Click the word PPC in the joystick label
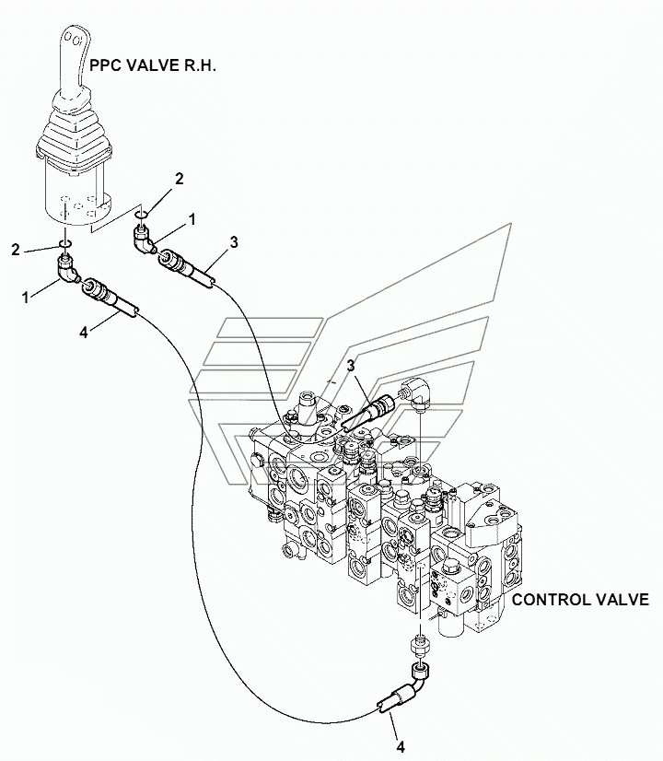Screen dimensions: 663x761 click(x=106, y=65)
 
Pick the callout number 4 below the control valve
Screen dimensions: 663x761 click(x=401, y=746)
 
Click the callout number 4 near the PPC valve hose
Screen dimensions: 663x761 click(x=84, y=333)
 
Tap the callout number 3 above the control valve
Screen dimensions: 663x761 click(x=351, y=366)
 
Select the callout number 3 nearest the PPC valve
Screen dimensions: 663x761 click(x=234, y=242)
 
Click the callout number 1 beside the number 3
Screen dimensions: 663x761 click(x=192, y=220)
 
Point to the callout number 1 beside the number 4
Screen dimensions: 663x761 click(x=26, y=297)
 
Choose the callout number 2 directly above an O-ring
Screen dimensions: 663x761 click(x=179, y=179)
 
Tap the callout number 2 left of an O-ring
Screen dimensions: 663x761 click(x=16, y=250)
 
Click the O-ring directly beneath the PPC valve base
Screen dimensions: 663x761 click(x=65, y=243)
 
